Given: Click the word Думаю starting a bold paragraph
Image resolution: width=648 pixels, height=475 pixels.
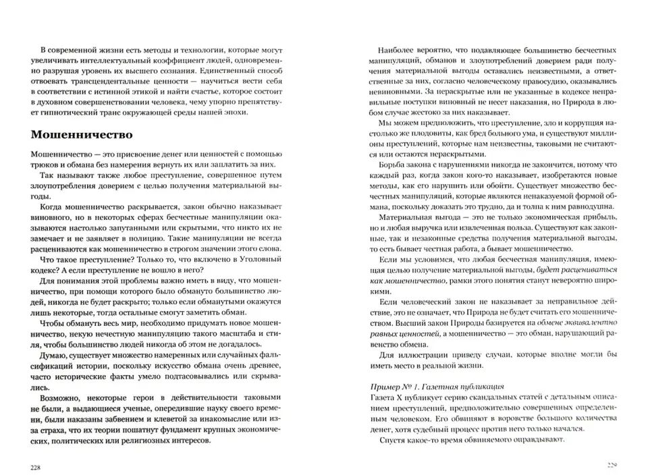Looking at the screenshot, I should (x=55, y=354).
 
